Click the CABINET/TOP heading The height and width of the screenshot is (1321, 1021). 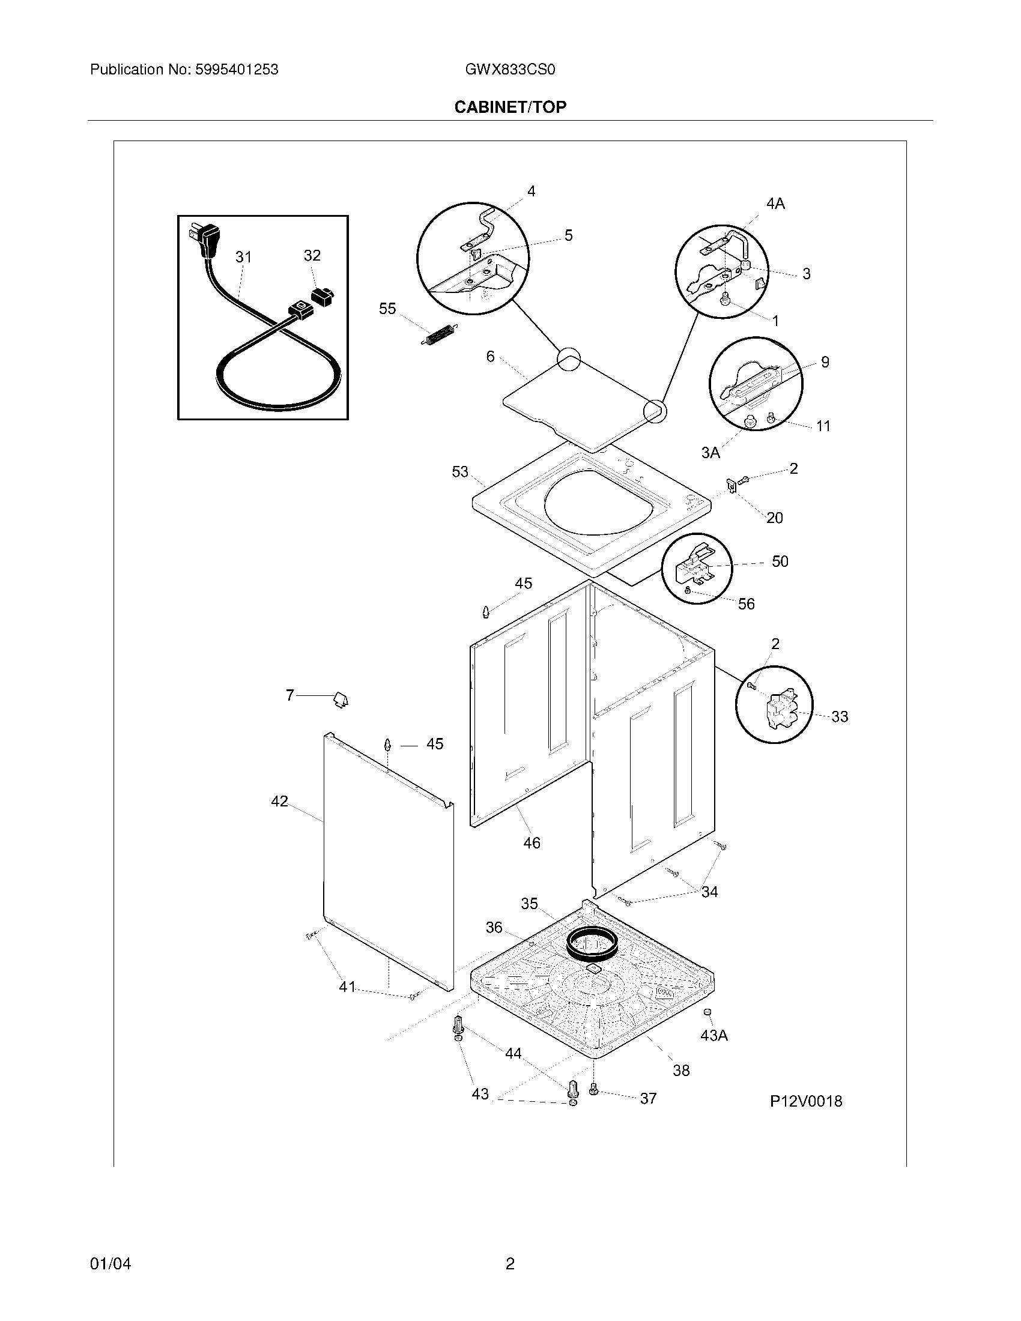510,107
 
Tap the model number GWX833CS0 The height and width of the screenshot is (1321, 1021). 510,70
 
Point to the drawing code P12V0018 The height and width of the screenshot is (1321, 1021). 805,1101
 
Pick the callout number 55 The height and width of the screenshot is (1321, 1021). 387,309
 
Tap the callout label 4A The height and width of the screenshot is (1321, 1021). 775,204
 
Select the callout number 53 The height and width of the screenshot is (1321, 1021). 459,471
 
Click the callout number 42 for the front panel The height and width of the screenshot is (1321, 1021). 279,801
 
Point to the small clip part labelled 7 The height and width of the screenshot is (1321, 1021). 341,700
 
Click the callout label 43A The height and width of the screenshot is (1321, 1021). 713,1035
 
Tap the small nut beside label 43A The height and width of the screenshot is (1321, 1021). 707,1012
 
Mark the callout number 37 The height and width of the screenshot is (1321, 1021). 648,1098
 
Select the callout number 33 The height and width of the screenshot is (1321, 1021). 839,716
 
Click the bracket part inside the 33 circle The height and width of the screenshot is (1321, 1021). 782,709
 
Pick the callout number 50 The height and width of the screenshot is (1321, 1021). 780,561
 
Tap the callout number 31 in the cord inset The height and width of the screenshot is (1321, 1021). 243,257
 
